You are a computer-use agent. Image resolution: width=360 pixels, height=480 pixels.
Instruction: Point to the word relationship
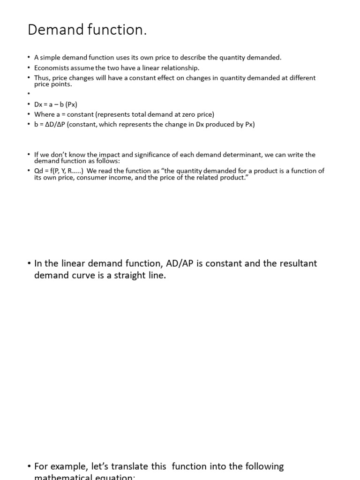pyautogui.click(x=180, y=67)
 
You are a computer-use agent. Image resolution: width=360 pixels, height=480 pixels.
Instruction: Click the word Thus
pyautogui.click(x=42, y=78)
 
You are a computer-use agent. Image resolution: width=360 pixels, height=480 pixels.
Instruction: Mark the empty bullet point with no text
pyautogui.click(x=29, y=94)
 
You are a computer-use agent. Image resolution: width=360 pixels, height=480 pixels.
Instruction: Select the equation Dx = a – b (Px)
pyautogui.click(x=55, y=105)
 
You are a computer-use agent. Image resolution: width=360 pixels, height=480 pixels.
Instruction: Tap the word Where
pyautogui.click(x=44, y=114)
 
